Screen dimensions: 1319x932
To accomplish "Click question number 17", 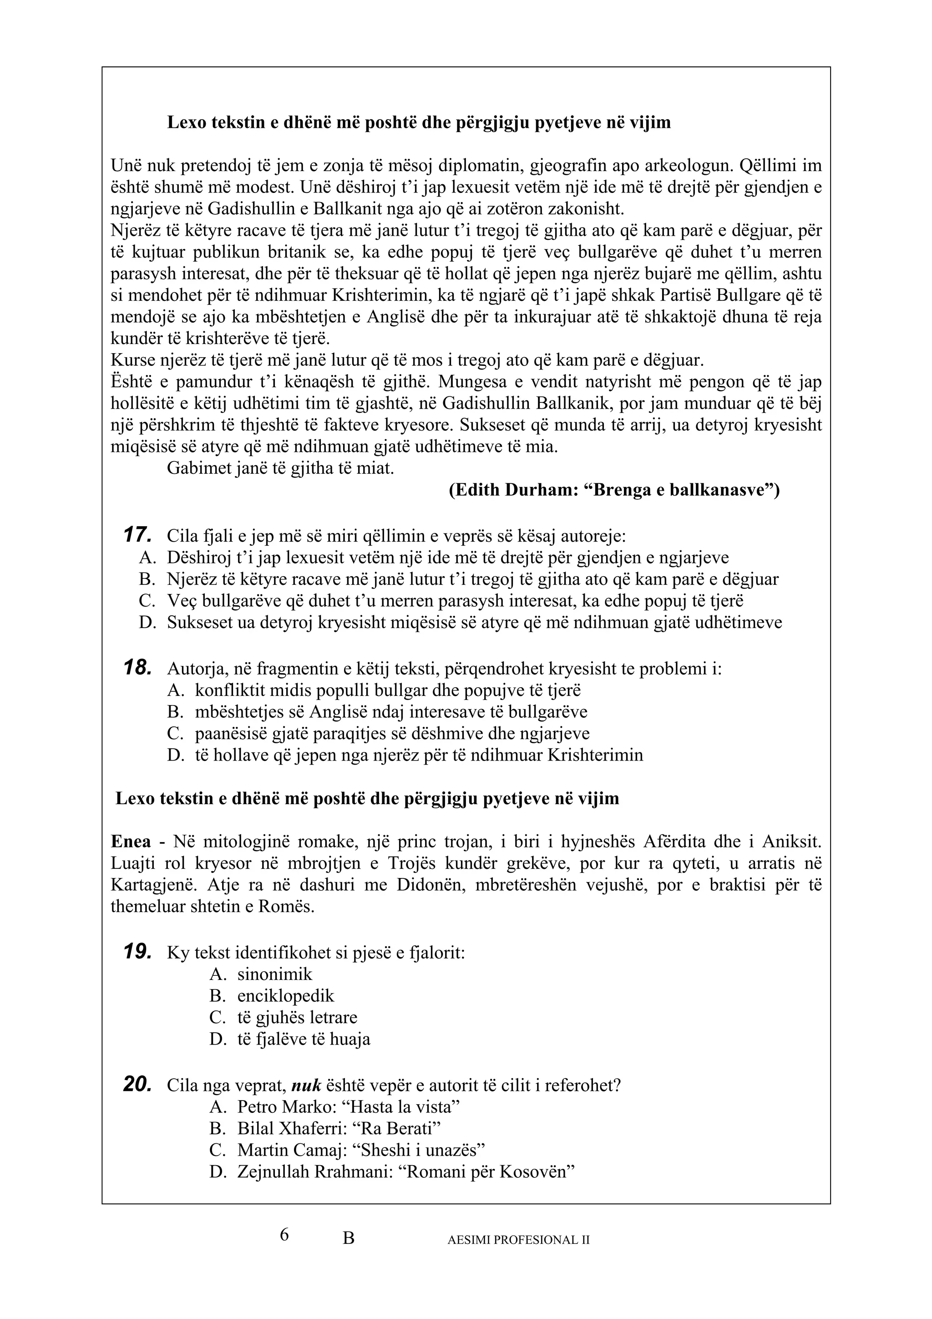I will pos(138,535).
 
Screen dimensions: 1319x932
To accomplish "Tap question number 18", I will pos(138,668).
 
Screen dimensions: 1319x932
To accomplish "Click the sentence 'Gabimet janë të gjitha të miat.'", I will pos(280,468).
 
